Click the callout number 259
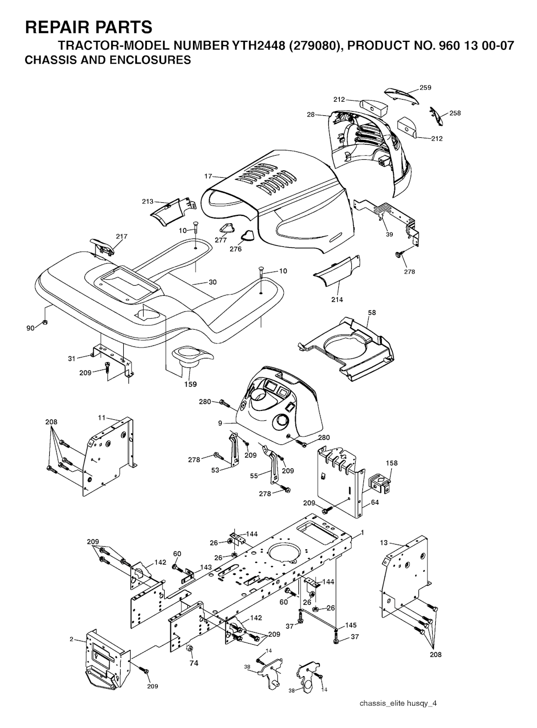[x=425, y=88]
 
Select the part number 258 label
[x=455, y=113]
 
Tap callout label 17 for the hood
[x=208, y=176]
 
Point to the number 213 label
[x=147, y=201]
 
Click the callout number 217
[x=122, y=236]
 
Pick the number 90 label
[x=30, y=328]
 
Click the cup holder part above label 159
[x=192, y=355]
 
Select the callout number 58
[x=372, y=312]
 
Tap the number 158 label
[x=392, y=463]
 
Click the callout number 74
[x=194, y=664]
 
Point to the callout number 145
[x=351, y=625]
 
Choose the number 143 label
[x=206, y=567]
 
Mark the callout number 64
[x=375, y=502]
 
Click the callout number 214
[x=337, y=299]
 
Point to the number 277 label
[x=221, y=240]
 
